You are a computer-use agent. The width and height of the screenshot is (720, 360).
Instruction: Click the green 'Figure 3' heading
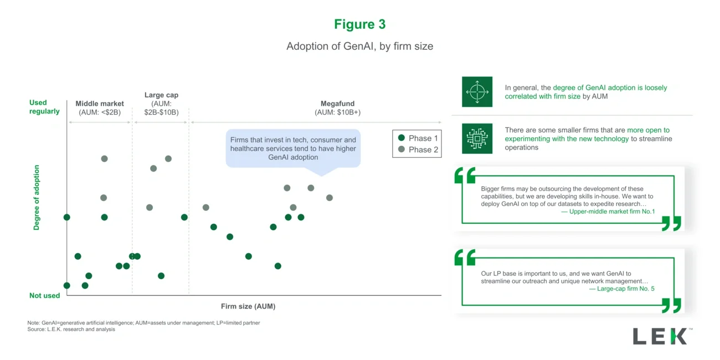[359, 24]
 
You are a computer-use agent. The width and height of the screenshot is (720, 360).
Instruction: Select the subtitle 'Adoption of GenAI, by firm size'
[359, 47]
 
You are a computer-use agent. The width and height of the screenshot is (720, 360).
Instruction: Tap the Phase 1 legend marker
[402, 138]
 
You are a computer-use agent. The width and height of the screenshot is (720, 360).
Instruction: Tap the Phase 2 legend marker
[402, 150]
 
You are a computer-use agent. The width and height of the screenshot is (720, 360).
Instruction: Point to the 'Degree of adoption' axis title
[37, 197]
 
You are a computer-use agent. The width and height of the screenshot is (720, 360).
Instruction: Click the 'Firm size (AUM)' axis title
[248, 306]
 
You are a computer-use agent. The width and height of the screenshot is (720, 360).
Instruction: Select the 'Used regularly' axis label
[44, 107]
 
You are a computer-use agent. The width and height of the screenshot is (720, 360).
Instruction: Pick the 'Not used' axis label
[44, 296]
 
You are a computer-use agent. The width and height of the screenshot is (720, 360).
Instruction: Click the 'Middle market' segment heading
[100, 104]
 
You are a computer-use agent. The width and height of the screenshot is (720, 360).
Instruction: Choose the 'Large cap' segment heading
[161, 95]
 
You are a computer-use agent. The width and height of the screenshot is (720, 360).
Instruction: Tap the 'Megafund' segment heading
[337, 104]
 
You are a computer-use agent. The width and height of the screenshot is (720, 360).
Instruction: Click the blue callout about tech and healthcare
[293, 148]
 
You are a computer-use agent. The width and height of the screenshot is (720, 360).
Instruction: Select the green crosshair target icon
[477, 92]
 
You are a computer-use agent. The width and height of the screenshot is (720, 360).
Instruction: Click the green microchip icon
[477, 138]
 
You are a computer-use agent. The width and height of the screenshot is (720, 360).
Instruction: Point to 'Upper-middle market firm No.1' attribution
[608, 212]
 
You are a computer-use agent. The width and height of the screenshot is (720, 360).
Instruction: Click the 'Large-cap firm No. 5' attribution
[621, 289]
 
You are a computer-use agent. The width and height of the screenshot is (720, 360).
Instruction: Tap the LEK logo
[662, 336]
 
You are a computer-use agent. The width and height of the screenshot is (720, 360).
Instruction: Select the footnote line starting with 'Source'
[71, 330]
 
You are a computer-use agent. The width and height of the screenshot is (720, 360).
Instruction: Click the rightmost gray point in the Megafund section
[330, 198]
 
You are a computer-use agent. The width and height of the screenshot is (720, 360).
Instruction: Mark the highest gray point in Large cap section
[168, 158]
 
